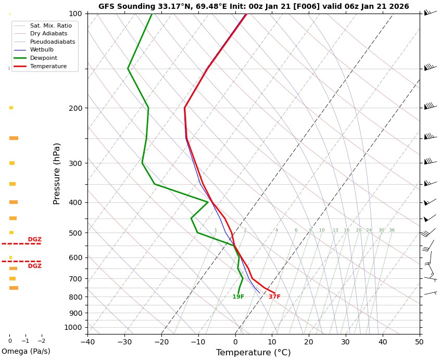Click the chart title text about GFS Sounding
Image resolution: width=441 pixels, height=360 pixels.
tap(254, 7)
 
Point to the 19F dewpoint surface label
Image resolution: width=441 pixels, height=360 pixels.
tap(238, 297)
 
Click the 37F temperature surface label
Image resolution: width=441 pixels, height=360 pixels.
tap(274, 297)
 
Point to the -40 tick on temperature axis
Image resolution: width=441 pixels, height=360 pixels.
tap(87, 342)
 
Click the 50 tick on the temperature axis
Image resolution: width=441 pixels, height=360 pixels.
tap(420, 342)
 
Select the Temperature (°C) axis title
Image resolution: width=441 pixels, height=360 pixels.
tap(254, 353)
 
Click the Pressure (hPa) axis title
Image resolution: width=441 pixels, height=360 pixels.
tap(57, 173)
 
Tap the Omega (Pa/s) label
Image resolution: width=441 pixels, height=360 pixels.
tap(26, 351)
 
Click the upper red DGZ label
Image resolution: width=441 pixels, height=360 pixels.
tap(35, 240)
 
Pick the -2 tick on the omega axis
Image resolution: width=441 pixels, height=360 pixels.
tap(42, 341)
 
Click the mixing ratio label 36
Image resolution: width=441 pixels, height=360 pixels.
tap(392, 230)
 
